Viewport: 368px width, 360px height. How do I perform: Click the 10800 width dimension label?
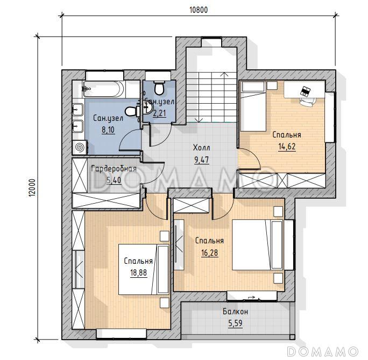point(198,10)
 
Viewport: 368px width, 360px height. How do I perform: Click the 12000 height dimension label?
point(33,188)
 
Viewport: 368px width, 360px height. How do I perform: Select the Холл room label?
point(201,148)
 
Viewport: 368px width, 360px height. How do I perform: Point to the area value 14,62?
point(287,147)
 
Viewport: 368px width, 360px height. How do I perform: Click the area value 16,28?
point(210,253)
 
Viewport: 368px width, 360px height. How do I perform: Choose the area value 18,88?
point(138,272)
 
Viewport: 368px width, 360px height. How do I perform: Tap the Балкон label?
point(235,312)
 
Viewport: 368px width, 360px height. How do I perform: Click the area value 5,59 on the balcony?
point(235,323)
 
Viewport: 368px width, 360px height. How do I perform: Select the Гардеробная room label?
point(114,169)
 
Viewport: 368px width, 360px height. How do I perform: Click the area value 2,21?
point(160,113)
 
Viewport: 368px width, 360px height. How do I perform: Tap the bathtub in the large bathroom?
point(103,89)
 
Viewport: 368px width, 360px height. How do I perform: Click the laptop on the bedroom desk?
point(306,91)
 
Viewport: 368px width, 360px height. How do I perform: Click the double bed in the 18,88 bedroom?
point(144,269)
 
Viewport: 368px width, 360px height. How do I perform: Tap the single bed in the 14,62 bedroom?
point(253,106)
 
